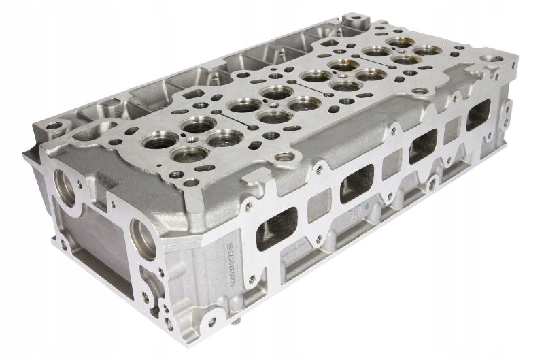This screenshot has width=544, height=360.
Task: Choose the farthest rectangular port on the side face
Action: [x=477, y=112]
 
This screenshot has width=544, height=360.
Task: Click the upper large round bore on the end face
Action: [x=67, y=184]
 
